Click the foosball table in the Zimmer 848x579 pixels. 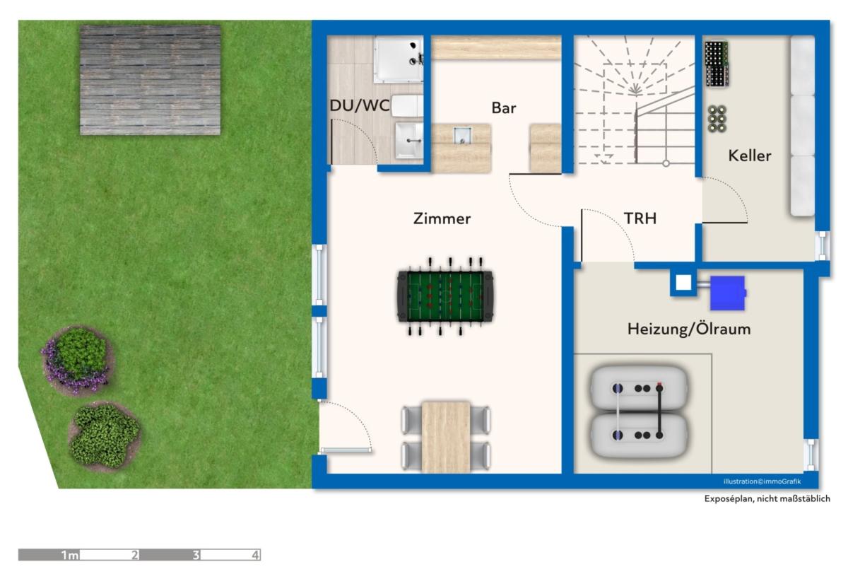(445, 296)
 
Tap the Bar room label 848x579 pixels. (503, 108)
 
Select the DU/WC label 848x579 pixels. (359, 105)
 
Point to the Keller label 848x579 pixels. (750, 156)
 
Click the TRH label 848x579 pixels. (640, 218)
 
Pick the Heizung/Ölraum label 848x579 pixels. (689, 329)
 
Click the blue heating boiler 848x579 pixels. (728, 293)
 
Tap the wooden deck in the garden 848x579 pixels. (151, 80)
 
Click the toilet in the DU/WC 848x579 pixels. (407, 106)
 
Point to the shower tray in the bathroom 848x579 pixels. (399, 59)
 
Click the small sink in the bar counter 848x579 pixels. (463, 136)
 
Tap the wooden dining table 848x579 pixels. (446, 437)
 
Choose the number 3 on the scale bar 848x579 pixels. (196, 555)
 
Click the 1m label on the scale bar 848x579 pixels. (70, 555)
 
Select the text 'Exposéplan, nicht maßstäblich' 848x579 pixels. (767, 498)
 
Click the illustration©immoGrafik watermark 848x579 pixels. (762, 481)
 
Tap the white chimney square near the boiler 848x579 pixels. (683, 283)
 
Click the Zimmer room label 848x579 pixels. (442, 218)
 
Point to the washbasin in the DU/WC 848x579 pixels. (409, 140)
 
